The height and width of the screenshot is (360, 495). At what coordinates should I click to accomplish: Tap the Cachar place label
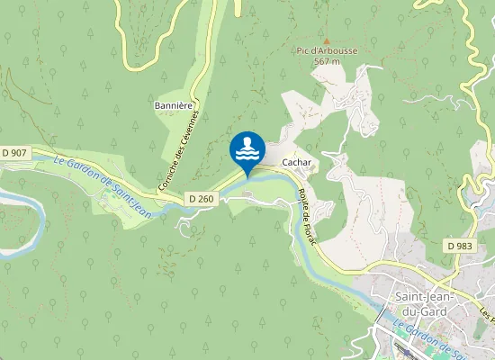296,162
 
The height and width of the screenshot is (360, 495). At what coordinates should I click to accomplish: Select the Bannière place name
175,105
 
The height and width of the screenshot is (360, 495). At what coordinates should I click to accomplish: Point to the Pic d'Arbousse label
327,51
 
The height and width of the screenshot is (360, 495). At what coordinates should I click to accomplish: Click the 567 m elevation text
327,62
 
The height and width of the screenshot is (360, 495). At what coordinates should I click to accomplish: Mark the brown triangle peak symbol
327,40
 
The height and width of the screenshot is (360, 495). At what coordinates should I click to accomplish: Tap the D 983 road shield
459,245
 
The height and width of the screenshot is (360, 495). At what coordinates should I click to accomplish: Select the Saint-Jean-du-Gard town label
424,301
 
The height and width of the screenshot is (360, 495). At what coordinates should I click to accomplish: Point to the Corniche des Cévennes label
183,148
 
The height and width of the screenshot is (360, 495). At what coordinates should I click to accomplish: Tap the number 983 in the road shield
463,245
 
